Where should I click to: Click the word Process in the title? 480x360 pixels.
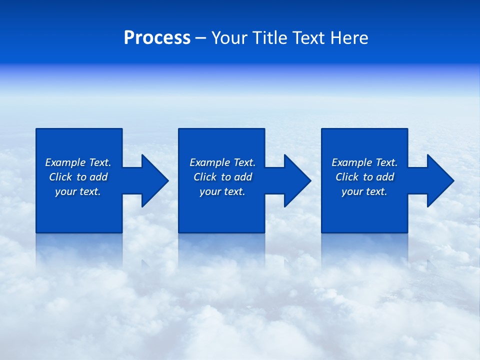coord(157,38)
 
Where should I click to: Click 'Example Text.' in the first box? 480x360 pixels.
coord(78,162)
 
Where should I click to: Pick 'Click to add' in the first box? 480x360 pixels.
coord(78,177)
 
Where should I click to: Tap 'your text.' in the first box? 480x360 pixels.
coord(78,191)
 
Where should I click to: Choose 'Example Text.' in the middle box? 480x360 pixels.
coord(222,162)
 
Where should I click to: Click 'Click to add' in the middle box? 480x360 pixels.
coord(222,177)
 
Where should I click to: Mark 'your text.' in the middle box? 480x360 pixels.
coord(222,191)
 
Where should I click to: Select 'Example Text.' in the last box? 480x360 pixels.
coord(364,162)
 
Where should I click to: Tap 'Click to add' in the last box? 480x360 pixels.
coord(364,177)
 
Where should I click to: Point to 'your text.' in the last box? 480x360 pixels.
coord(364,191)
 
